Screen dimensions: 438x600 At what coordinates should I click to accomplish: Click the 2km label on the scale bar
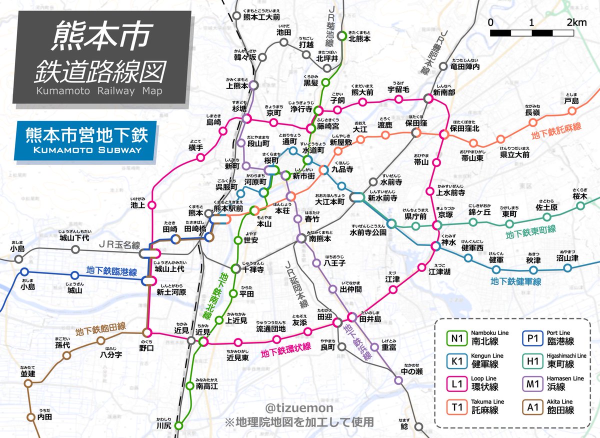click(576, 22)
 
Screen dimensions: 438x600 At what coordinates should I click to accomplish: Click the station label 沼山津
click(567, 258)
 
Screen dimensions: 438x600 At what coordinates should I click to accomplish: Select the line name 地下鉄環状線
click(285, 350)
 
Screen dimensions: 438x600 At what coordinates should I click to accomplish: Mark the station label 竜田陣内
click(465, 66)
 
